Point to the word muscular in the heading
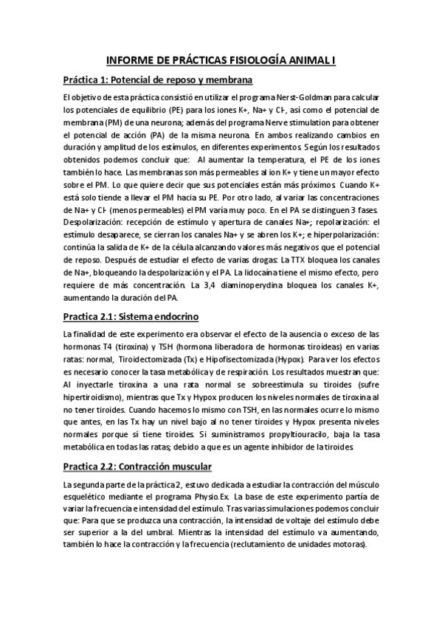[184, 467]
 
